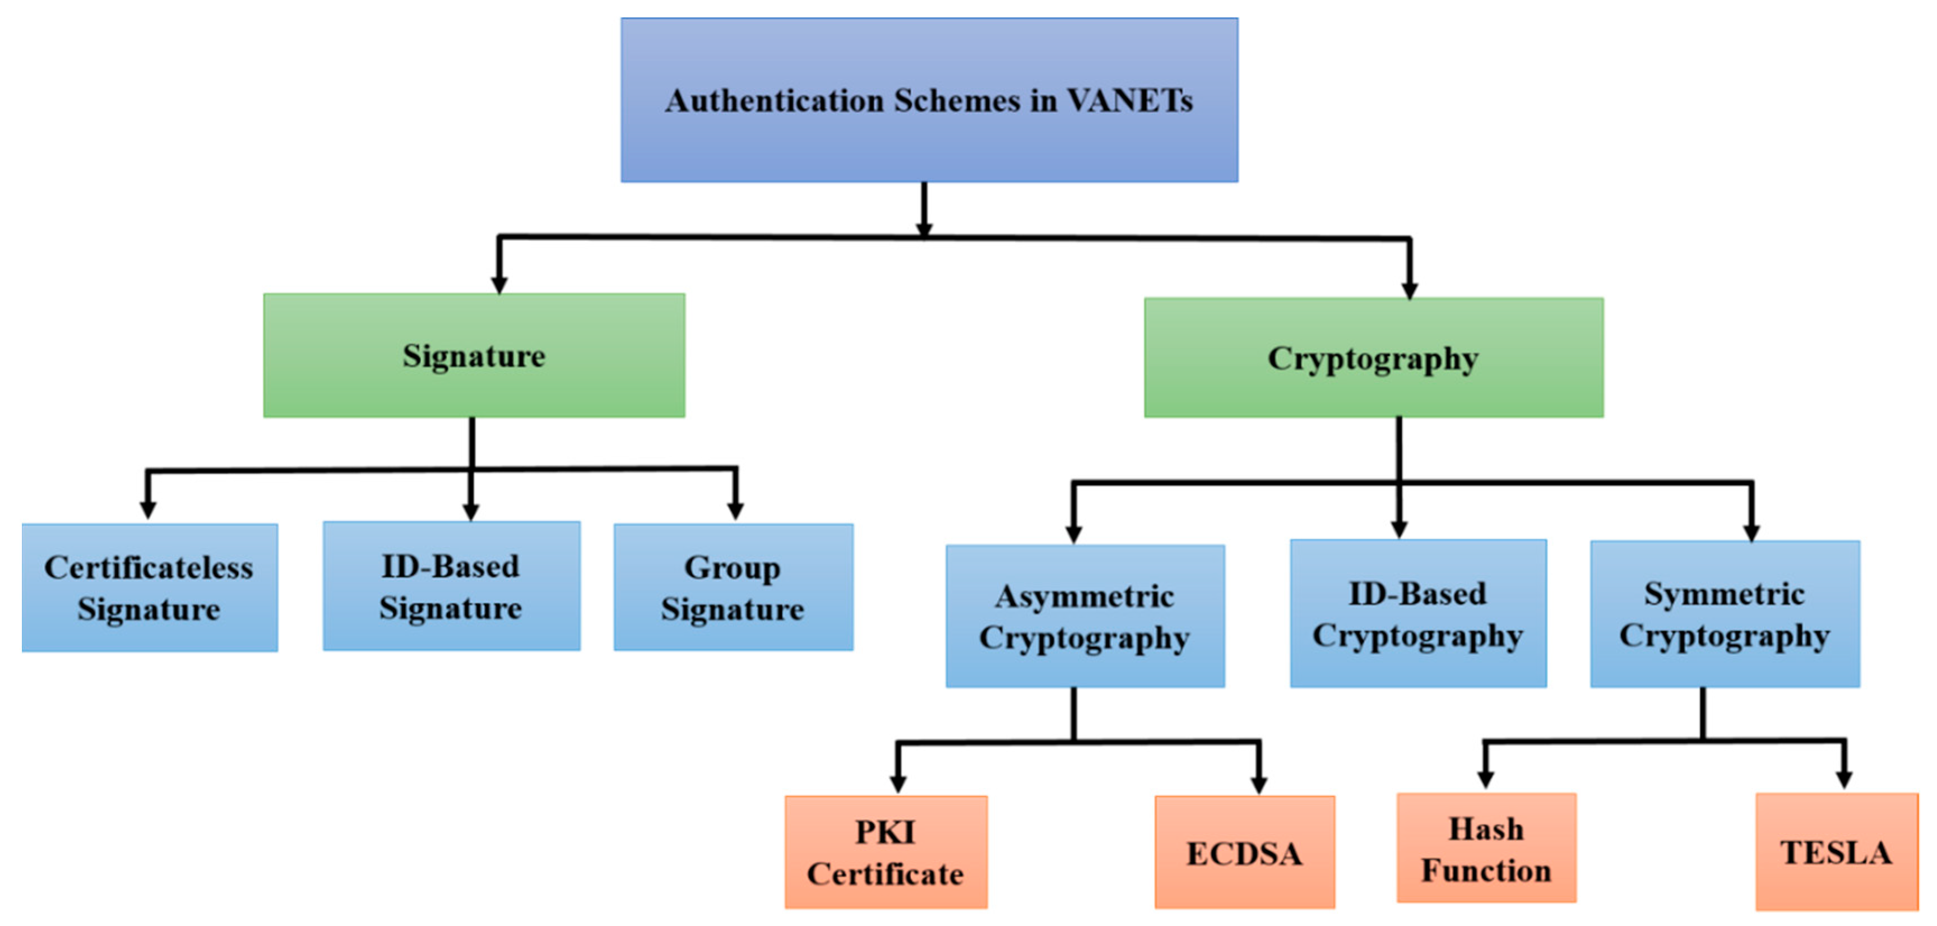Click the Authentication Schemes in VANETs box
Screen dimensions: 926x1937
tap(929, 100)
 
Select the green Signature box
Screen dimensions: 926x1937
tap(474, 355)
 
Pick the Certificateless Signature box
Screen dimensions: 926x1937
tap(149, 587)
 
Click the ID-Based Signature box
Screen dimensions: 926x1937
tap(451, 586)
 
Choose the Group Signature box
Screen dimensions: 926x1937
tap(733, 587)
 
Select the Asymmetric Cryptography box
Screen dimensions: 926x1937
tap(1085, 616)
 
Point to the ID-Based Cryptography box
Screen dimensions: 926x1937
tap(1417, 614)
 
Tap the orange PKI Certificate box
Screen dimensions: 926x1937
tap(886, 852)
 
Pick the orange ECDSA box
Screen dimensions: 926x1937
tap(1244, 852)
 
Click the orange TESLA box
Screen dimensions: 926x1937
tap(1836, 851)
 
